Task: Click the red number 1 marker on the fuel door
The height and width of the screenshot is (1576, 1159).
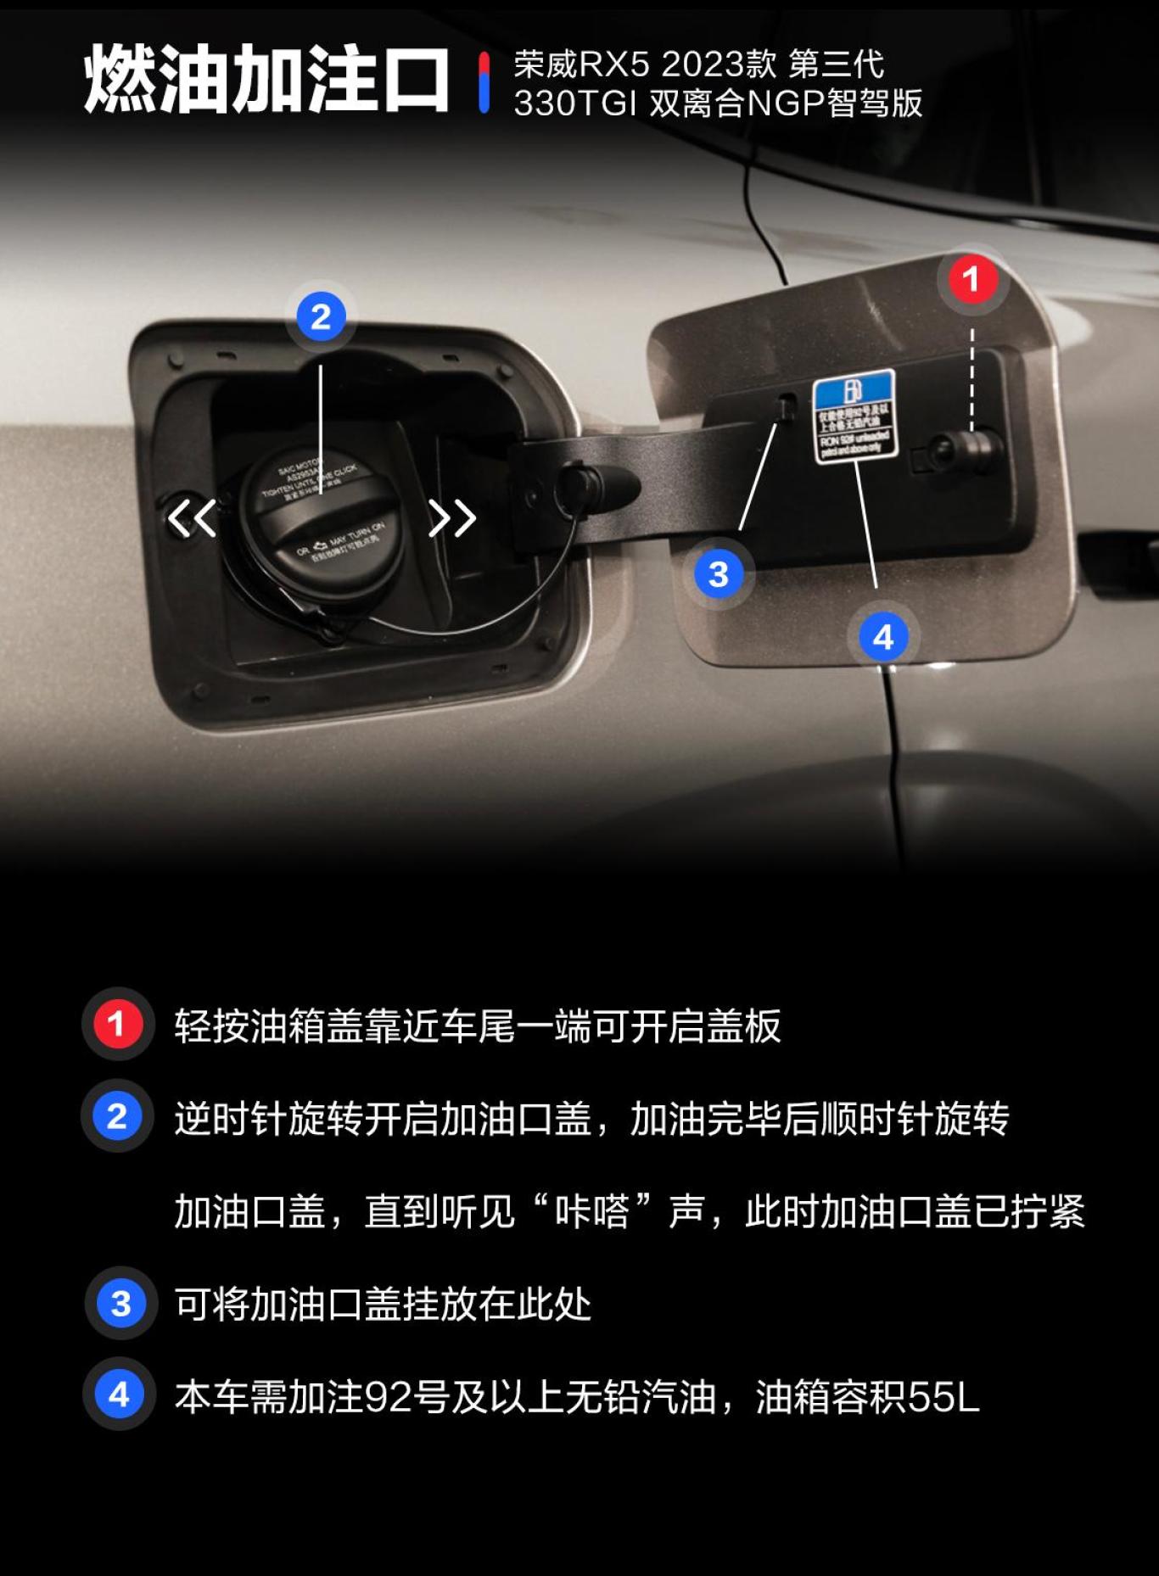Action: (x=971, y=279)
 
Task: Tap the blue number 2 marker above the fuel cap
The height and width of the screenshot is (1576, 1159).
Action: (x=321, y=317)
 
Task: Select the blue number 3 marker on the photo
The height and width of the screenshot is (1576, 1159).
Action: (x=719, y=574)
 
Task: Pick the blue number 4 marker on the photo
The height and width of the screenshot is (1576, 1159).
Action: (x=882, y=637)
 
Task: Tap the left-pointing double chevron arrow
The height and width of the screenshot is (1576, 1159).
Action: (x=191, y=517)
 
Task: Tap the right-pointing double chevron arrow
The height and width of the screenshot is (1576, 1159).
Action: (x=451, y=517)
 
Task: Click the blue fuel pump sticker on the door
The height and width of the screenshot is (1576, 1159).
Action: (x=854, y=416)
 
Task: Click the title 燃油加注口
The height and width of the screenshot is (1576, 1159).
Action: (x=266, y=80)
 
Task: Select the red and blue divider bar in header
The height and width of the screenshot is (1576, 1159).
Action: (x=484, y=82)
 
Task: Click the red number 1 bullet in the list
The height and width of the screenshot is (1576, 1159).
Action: (x=117, y=1024)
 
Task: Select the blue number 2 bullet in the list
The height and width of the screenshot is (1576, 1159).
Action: (x=117, y=1115)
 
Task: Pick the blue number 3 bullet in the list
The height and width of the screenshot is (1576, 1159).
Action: (x=120, y=1304)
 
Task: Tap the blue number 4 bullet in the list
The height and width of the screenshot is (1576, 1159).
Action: (x=119, y=1395)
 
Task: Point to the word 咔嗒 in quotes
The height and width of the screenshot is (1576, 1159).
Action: (x=591, y=1211)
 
